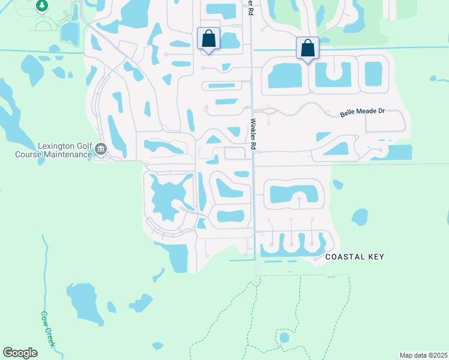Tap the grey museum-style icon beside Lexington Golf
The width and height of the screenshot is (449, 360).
pos(100,149)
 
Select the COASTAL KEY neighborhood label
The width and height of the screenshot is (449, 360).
pos(354,257)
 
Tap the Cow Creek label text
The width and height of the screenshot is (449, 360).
pos(47,328)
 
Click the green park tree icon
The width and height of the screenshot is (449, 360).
pos(42,6)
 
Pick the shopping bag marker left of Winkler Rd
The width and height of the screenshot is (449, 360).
pos(208,38)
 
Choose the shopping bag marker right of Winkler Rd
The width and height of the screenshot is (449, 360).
pos(307,47)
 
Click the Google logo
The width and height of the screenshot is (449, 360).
pos(20,353)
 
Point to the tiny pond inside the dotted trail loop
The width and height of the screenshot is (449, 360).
pos(284,337)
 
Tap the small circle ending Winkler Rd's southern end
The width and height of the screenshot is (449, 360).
pos(256,281)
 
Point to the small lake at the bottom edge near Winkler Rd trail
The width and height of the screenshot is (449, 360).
pos(157,346)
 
